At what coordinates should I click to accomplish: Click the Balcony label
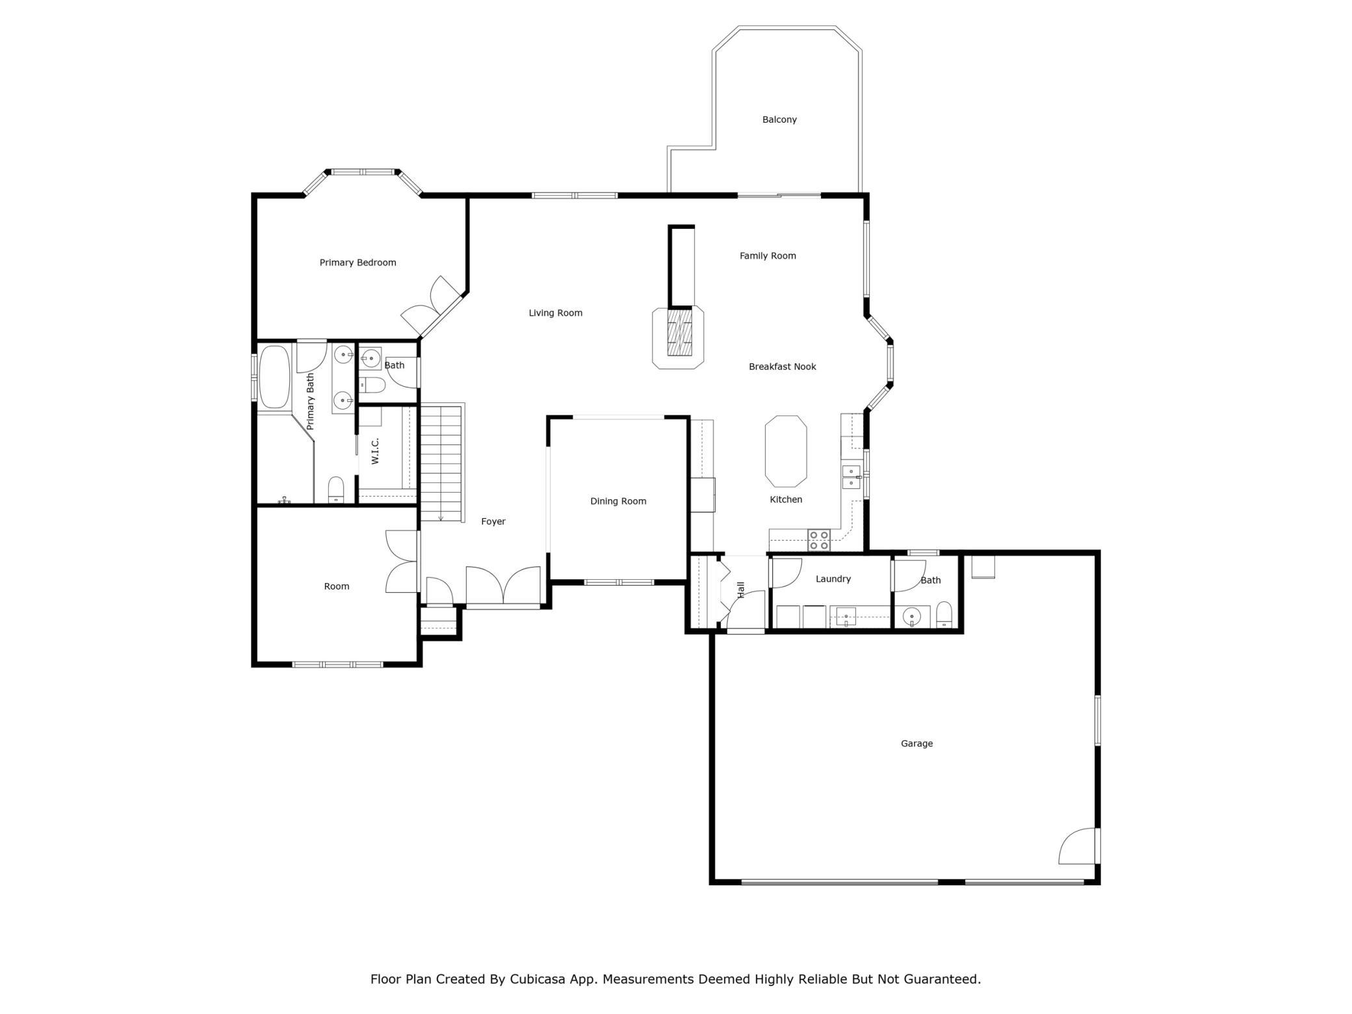click(779, 120)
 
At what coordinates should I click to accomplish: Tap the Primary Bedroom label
click(357, 263)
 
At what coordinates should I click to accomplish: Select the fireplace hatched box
click(679, 332)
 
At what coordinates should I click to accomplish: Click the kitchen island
click(786, 451)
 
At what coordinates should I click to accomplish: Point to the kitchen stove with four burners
click(819, 540)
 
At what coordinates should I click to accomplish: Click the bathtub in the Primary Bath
click(274, 377)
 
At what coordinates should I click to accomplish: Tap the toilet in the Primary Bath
click(335, 489)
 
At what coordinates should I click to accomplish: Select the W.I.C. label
click(375, 451)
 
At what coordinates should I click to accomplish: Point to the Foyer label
click(493, 521)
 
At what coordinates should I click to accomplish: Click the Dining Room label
click(618, 501)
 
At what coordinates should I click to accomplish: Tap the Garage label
click(916, 744)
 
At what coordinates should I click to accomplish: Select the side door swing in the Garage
click(1078, 846)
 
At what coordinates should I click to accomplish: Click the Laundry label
click(833, 579)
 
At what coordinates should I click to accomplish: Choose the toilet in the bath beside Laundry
click(944, 614)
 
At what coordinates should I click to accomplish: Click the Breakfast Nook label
click(782, 367)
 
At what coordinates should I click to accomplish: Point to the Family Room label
click(768, 256)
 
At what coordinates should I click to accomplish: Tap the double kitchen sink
click(851, 477)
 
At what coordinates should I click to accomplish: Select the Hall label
click(741, 590)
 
